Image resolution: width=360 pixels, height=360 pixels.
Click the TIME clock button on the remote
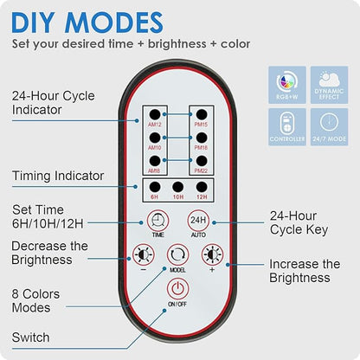(x=157, y=224)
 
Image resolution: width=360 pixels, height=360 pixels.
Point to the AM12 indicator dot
(x=157, y=115)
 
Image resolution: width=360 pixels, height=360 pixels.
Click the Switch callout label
(x=31, y=337)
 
